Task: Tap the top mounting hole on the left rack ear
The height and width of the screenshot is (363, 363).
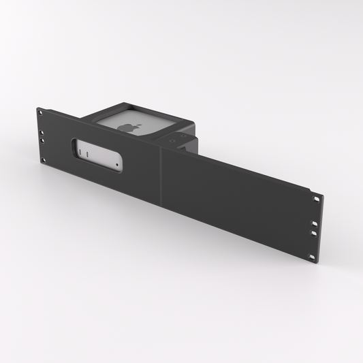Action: click(x=40, y=111)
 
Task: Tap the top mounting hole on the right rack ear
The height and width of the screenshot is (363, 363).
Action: click(x=317, y=198)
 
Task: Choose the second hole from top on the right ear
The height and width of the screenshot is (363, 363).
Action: click(x=316, y=222)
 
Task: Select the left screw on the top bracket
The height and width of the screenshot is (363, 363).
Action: click(x=171, y=142)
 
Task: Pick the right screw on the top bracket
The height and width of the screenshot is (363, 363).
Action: click(x=185, y=136)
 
